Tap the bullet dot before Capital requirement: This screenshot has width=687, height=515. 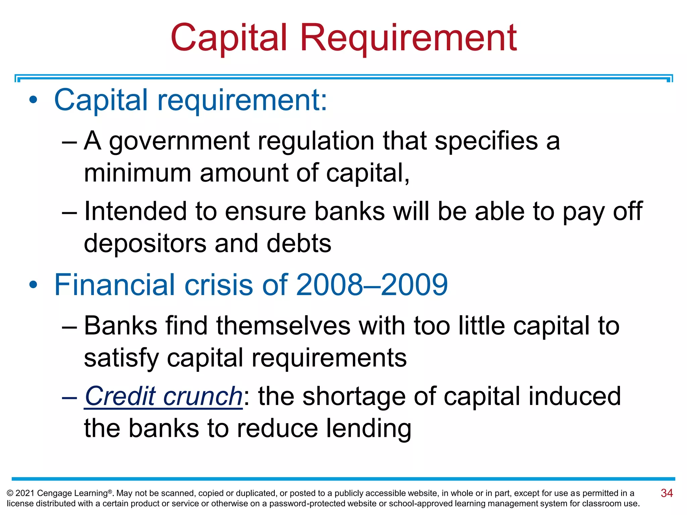coord(33,100)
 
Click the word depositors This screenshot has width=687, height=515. coord(145,243)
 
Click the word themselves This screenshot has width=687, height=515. coord(283,326)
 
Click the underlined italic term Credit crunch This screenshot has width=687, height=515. coord(163,396)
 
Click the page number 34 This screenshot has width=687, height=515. coord(667,493)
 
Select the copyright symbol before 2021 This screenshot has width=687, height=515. coord(10,493)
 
